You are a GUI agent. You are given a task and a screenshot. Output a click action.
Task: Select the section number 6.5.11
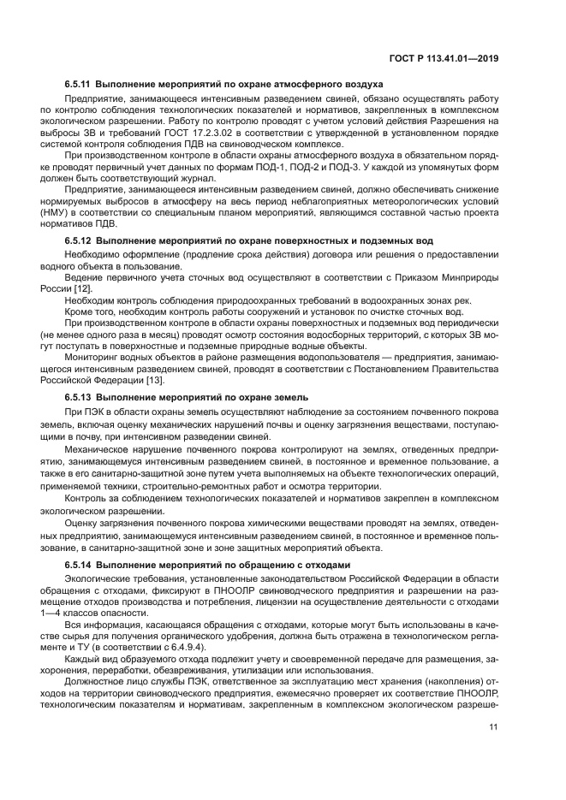(78, 85)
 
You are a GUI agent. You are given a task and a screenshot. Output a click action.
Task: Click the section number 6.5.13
(78, 398)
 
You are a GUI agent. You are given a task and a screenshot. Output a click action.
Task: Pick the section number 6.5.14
(78, 566)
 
